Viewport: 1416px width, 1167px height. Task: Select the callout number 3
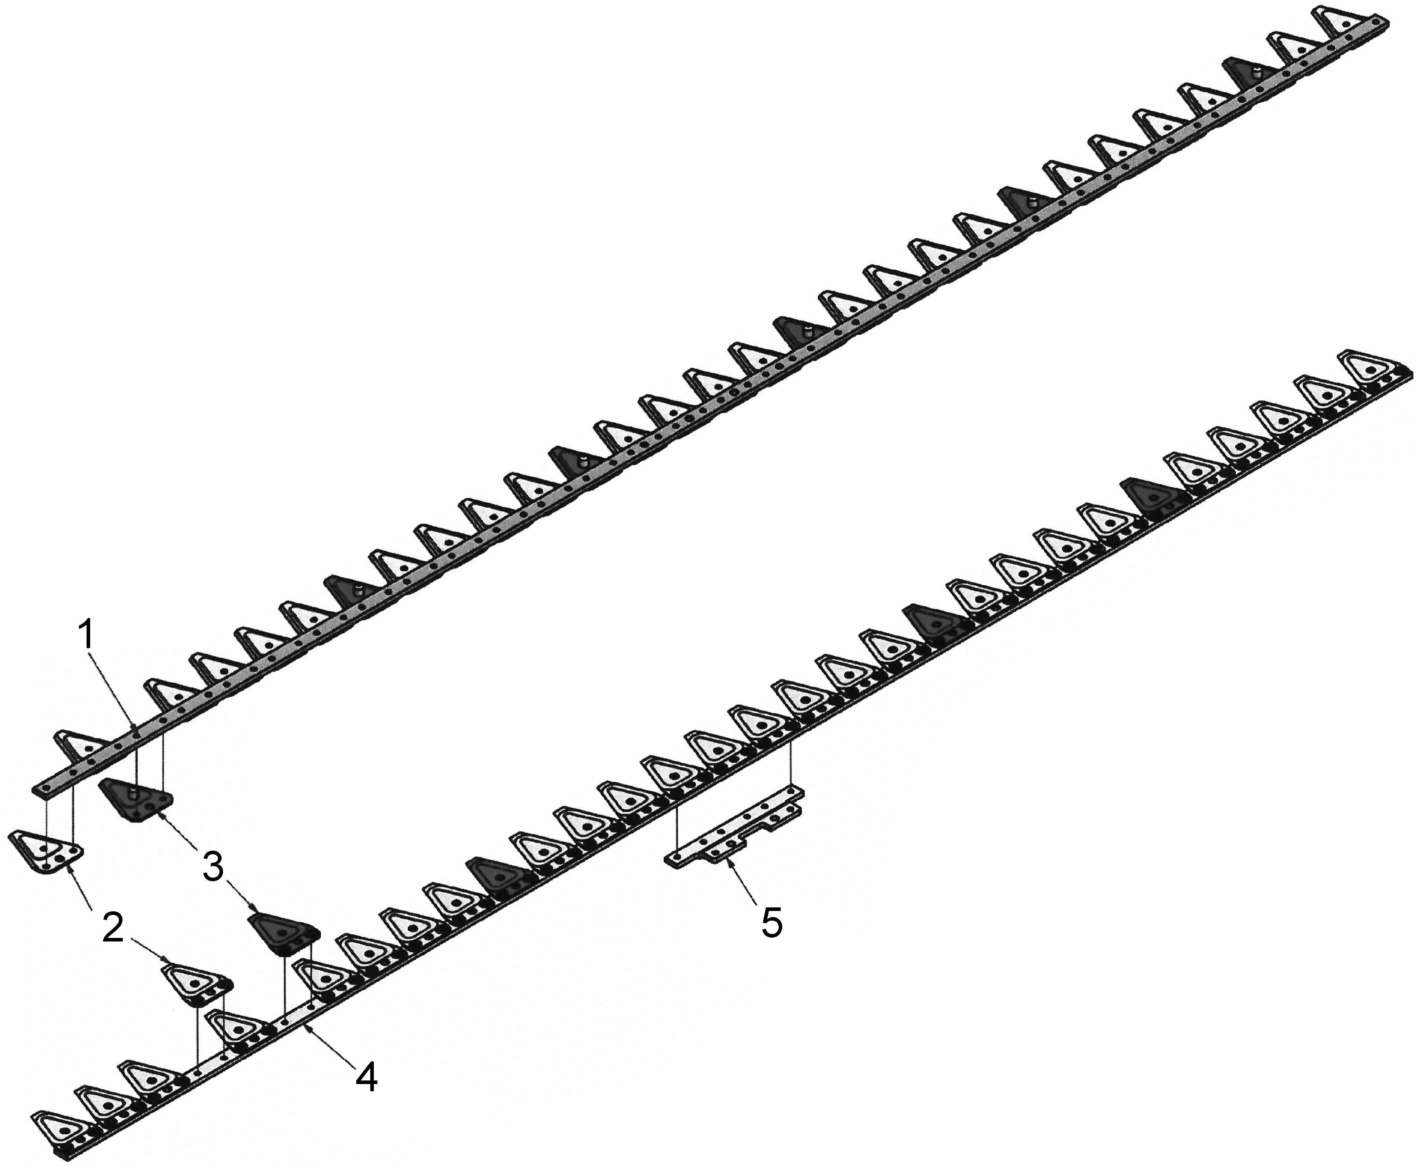[213, 868]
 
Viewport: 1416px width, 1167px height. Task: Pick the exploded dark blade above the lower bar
[282, 933]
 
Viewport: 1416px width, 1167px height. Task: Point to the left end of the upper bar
[39, 786]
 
